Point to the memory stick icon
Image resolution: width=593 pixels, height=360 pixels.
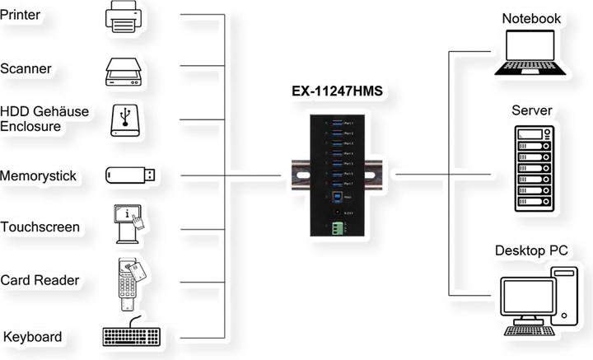coord(130,175)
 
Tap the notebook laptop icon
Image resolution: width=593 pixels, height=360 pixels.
coord(530,53)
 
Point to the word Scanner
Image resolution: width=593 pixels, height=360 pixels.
coord(26,68)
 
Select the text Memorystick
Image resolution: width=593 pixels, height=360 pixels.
coord(39,175)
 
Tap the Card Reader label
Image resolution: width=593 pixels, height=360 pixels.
coord(40,280)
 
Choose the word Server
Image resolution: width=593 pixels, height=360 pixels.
coord(531,111)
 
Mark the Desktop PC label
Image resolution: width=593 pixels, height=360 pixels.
coord(531,250)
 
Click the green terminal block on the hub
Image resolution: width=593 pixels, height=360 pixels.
coord(336,228)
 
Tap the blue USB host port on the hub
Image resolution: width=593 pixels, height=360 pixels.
coord(336,198)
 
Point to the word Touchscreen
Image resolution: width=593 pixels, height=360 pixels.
coord(40,227)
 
